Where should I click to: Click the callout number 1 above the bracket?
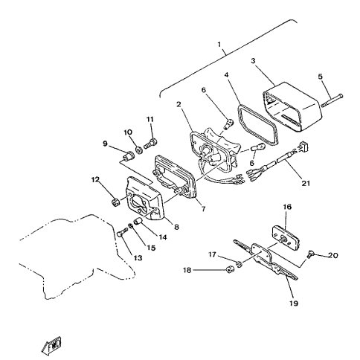[x=219, y=45]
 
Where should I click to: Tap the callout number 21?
[x=306, y=183]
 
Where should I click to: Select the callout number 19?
[x=294, y=303]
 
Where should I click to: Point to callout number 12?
[x=95, y=179]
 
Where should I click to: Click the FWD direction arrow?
[x=51, y=344]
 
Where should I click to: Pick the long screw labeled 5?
[x=332, y=100]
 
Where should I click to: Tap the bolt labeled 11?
[x=150, y=144]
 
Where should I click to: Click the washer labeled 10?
[x=139, y=150]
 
